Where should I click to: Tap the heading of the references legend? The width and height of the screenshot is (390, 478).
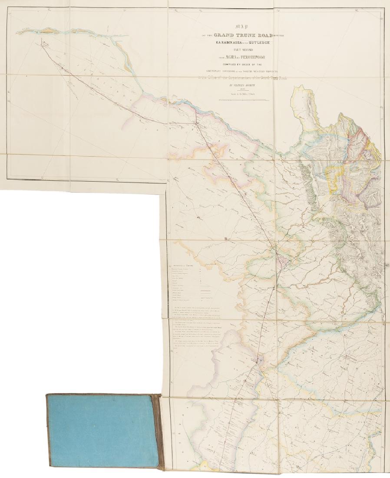point(183,265)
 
